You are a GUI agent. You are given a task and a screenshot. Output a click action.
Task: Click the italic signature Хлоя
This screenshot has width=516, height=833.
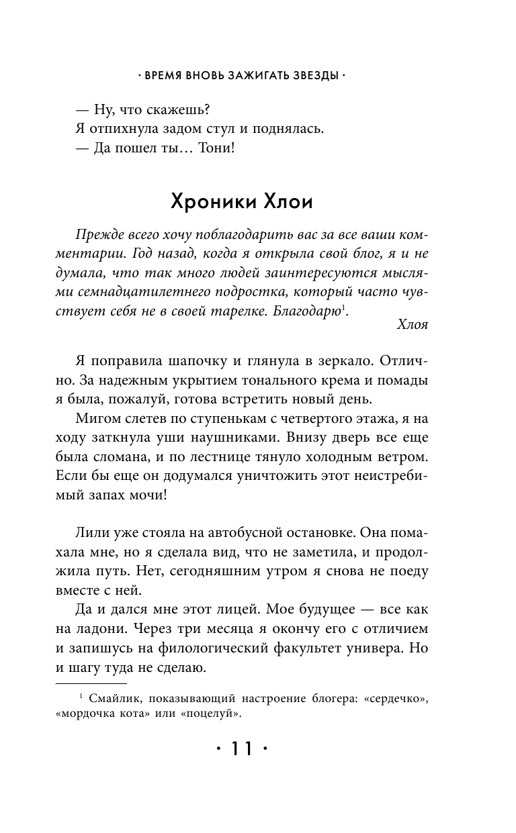point(413,324)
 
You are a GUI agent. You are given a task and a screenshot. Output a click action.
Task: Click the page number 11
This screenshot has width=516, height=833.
point(241,749)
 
